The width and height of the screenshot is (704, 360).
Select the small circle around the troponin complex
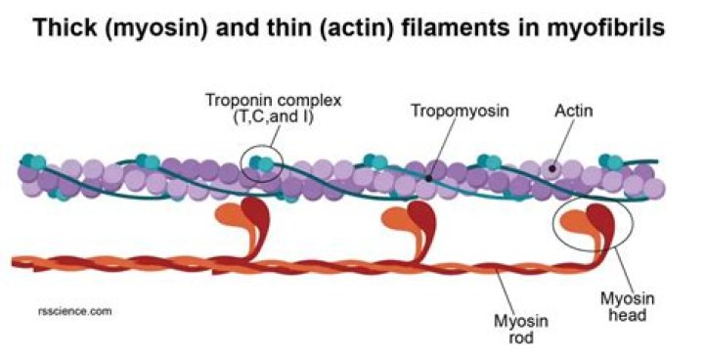point(263,162)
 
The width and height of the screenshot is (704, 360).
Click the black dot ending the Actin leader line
point(552,169)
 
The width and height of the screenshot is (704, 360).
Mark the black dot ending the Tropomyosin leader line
point(428,179)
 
